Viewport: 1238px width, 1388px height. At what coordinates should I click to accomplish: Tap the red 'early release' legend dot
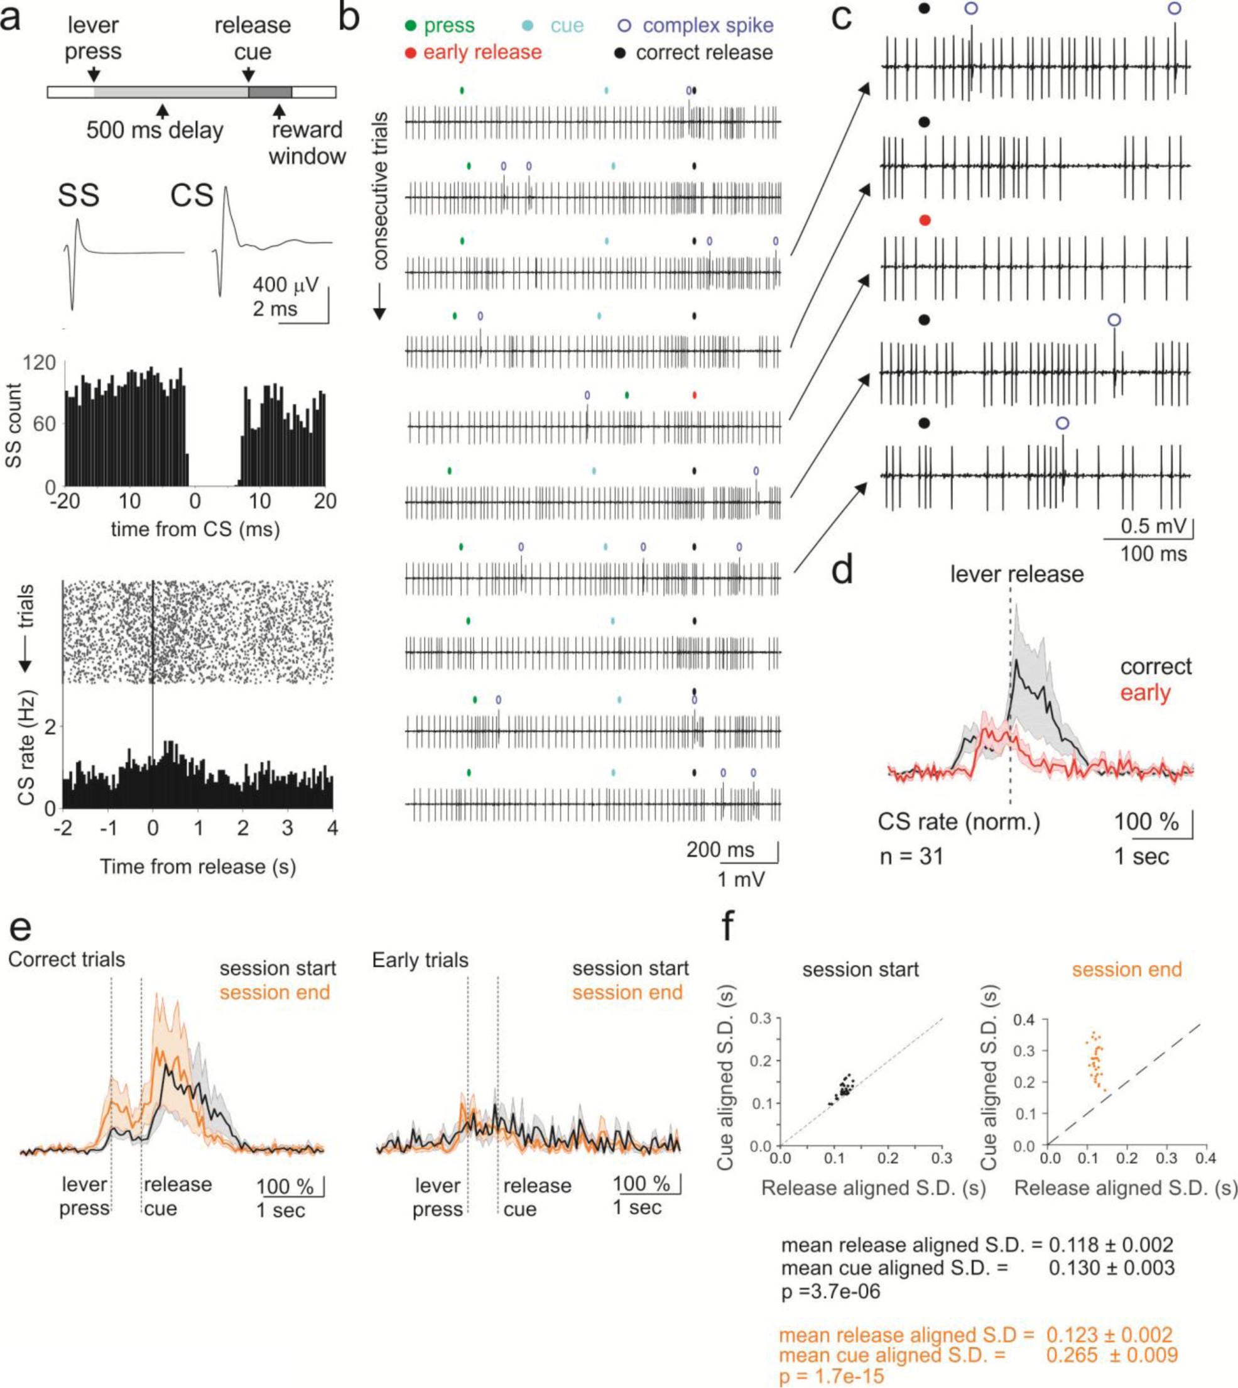[410, 53]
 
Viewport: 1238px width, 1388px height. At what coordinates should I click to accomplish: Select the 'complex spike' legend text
[707, 26]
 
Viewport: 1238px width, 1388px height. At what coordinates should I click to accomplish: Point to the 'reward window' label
[307, 143]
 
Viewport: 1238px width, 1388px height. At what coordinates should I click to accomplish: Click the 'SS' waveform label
[79, 195]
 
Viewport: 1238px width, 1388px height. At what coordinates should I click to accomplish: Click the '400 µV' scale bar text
[285, 285]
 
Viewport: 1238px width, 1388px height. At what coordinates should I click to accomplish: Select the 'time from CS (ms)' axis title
[195, 528]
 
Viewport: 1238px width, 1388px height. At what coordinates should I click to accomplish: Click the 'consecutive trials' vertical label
[380, 191]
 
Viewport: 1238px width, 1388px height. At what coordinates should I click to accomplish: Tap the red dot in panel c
[924, 220]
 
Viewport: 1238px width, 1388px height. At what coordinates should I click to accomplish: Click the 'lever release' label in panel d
[1017, 574]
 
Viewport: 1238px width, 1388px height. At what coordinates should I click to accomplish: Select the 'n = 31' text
[911, 856]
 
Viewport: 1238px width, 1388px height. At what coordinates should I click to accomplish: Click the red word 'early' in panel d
[1146, 693]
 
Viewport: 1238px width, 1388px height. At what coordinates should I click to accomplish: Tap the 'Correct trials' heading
[67, 960]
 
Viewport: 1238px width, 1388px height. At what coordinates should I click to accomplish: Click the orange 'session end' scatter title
[1126, 969]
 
